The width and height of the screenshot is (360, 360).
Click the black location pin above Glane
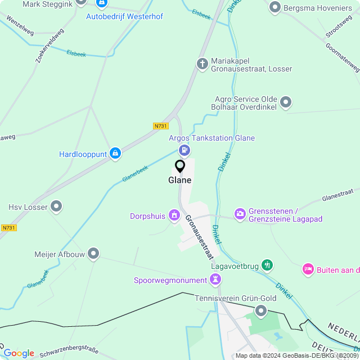pos(180,166)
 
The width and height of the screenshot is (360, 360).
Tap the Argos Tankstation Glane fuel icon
pos(184,150)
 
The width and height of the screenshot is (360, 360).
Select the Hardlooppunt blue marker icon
pos(115,153)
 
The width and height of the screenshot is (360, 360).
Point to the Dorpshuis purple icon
pos(174,215)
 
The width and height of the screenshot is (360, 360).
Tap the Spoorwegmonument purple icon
pos(215,279)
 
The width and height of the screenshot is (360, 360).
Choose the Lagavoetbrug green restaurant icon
pos(267,264)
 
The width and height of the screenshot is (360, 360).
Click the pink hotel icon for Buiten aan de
pos(308,270)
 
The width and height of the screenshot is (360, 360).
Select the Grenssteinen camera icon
pos(240,214)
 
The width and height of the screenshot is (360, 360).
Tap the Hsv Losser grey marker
pos(56,206)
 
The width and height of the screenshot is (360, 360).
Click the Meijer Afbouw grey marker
pos(94,254)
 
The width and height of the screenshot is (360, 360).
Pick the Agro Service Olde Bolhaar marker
pos(286,102)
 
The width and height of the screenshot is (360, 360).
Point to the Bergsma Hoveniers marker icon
pos(275,7)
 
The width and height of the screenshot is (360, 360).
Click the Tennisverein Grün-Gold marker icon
pos(260,310)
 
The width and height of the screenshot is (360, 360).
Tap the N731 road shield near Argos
pos(161,126)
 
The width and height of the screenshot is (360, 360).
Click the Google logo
pos(19,353)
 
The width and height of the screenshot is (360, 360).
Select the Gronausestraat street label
pos(200,237)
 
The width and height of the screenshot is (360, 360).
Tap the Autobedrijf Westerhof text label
pos(124,16)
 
